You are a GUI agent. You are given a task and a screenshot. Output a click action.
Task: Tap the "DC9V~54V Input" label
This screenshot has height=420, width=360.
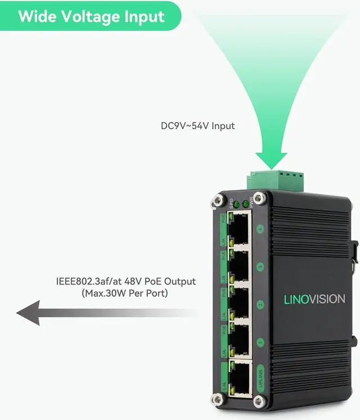[197, 126]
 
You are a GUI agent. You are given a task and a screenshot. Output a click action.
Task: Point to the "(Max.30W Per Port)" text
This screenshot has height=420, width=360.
[125, 293]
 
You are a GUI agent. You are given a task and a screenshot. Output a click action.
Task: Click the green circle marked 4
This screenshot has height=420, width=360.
[260, 229]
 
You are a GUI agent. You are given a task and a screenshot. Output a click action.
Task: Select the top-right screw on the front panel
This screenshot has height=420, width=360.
[259, 197]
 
